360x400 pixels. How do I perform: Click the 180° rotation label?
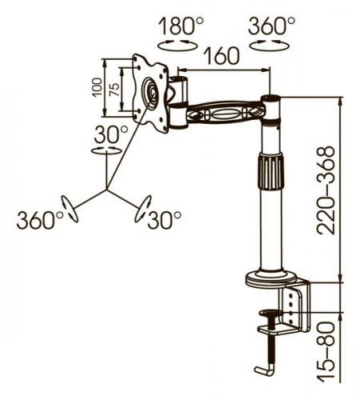(x=181, y=26)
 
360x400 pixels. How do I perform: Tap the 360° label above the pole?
(x=271, y=26)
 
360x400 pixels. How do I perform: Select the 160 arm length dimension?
(x=222, y=56)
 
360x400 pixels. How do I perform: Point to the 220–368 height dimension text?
(x=325, y=190)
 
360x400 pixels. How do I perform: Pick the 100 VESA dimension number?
(x=98, y=87)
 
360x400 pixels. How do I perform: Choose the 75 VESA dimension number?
(x=114, y=90)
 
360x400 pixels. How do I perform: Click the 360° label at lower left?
(x=40, y=220)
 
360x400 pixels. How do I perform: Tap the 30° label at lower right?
(x=165, y=220)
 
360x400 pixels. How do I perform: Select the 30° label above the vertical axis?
(x=111, y=134)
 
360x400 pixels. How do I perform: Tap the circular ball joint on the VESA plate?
(x=151, y=92)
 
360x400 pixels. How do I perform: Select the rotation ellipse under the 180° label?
(x=178, y=45)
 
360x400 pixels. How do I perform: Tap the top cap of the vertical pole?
(x=270, y=98)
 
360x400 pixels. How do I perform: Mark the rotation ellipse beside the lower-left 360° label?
(x=70, y=209)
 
